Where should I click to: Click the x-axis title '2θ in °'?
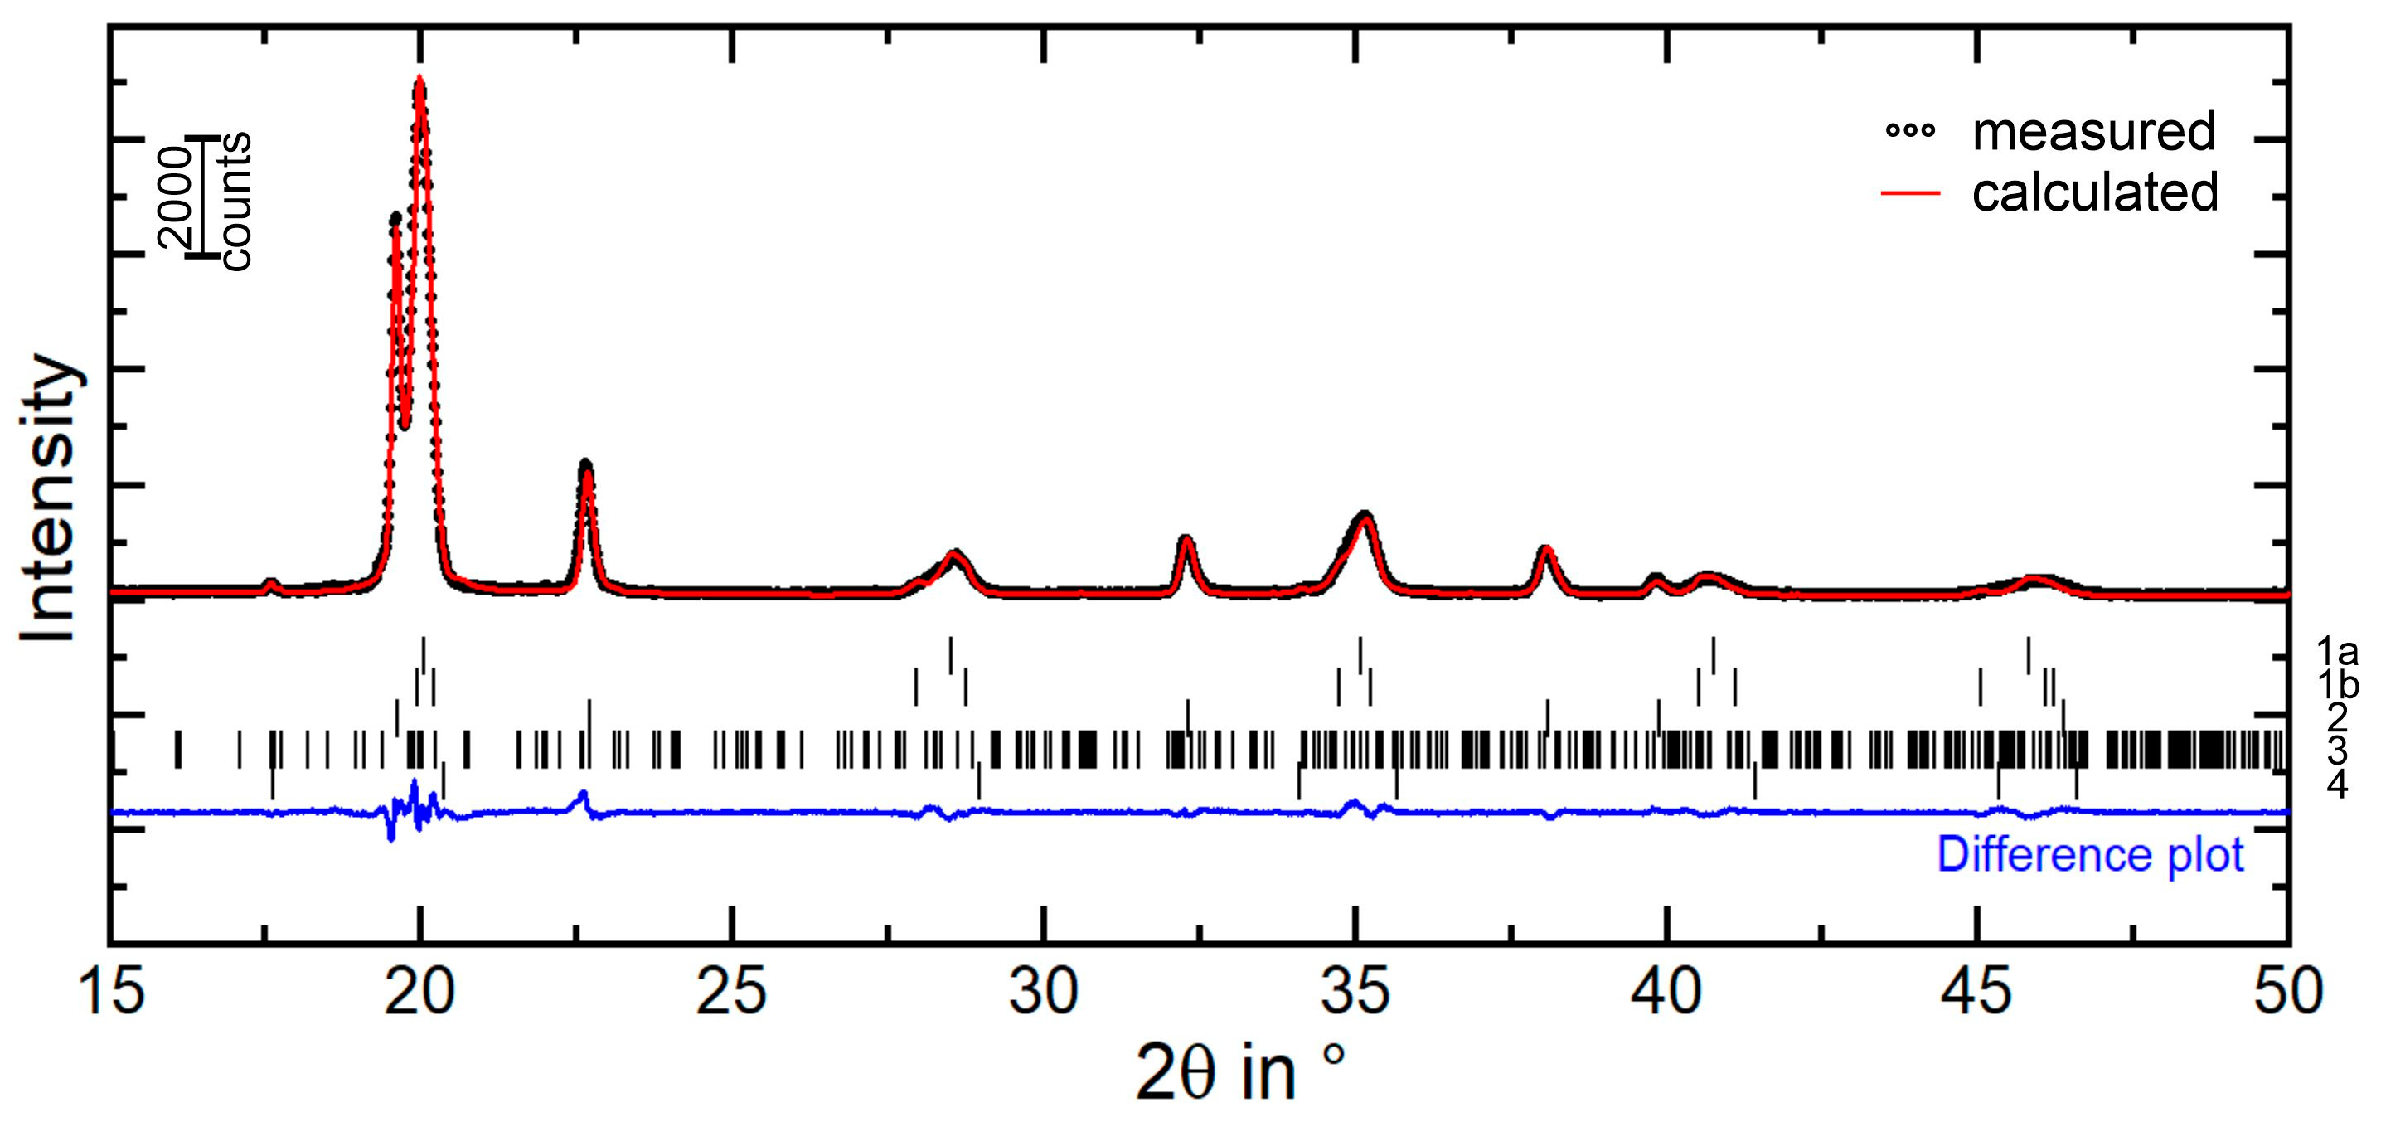[x=1239, y=1072]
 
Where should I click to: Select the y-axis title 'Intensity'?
[x=48, y=499]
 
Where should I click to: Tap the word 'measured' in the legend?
[x=2093, y=132]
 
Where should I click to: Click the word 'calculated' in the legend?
[x=2095, y=193]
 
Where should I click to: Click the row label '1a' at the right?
[x=2336, y=653]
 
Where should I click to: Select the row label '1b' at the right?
[x=2336, y=685]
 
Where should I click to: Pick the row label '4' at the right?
[x=2336, y=784]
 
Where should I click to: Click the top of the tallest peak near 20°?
[x=420, y=80]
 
